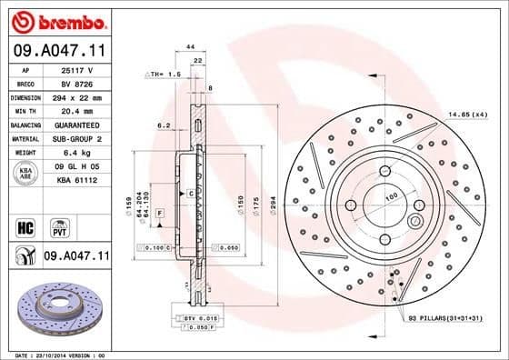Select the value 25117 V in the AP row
[69, 68]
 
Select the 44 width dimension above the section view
[191, 45]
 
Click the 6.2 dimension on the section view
[164, 125]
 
